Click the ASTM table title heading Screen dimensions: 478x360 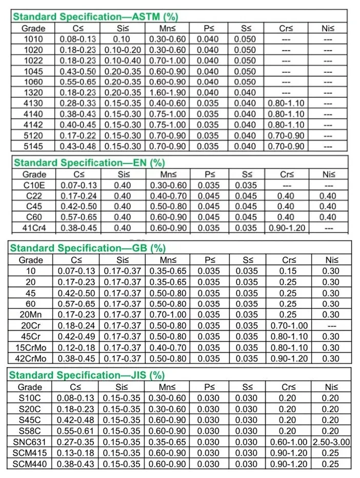coord(95,16)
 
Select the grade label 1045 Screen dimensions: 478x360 coord(34,71)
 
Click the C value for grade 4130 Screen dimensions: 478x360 coord(79,104)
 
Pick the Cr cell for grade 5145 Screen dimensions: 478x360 coord(286,146)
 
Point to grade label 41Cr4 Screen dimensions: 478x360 coord(34,228)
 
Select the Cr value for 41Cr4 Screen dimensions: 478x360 coord(286,228)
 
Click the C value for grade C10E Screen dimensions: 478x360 coord(79,185)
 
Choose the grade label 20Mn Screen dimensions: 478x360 coord(31,314)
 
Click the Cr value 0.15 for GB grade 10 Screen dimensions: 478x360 coord(288,271)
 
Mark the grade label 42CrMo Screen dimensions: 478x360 coord(31,358)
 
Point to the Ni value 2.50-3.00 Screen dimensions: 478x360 coord(331,442)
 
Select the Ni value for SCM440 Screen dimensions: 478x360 coord(331,464)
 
